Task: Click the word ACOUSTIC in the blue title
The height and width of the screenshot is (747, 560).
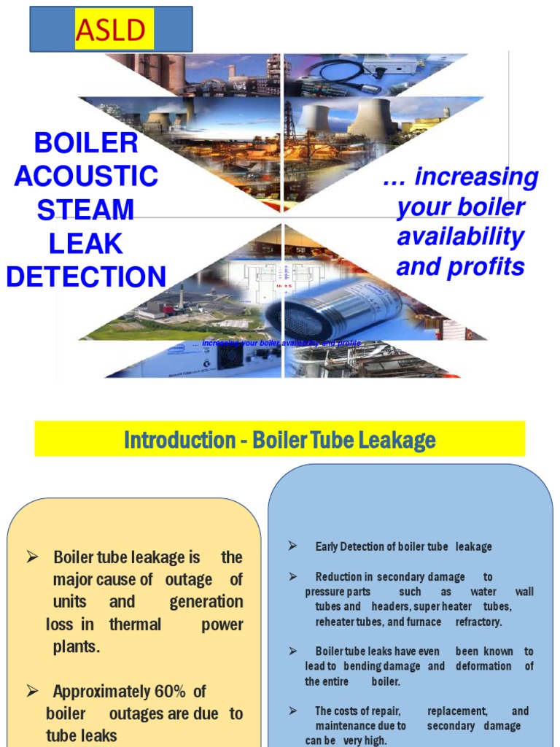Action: pos(86,176)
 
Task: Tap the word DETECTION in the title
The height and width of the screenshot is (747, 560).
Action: pos(86,276)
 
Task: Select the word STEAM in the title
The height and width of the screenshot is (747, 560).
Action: pos(86,209)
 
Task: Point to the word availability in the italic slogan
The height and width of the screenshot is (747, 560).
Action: pos(460,236)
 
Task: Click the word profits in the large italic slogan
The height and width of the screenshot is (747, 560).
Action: pos(491,267)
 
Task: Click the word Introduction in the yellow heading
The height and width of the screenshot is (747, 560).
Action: pos(168,440)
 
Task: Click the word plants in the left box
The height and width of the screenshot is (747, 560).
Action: pos(75,647)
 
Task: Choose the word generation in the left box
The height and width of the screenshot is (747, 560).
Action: pos(206,602)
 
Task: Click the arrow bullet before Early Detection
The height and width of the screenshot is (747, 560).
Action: pos(292,546)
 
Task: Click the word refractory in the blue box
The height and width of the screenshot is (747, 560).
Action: pos(479,622)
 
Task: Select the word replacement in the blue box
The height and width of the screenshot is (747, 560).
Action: pos(457,711)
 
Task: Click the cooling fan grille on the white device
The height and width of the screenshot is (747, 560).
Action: pos(230,355)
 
